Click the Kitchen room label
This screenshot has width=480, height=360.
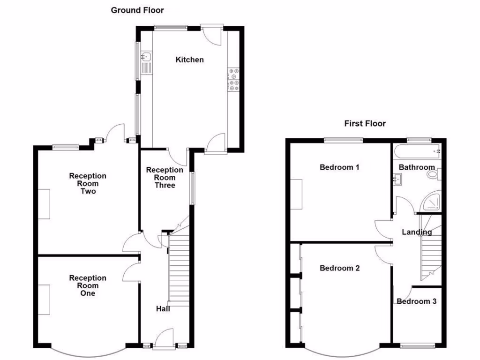coord(189,60)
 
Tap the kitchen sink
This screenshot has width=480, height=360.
coord(146,57)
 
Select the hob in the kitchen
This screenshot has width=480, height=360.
coord(233,79)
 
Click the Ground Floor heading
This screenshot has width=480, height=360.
coord(137,10)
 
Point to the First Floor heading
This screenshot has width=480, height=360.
coord(365,124)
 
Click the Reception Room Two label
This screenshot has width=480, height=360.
coord(88,183)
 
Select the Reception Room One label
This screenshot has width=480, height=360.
coord(88,285)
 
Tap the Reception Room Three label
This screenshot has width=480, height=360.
coord(165,178)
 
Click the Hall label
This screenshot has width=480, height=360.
coord(163,309)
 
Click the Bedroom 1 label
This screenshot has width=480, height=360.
coord(339,167)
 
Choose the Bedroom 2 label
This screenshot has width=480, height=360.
coord(339,268)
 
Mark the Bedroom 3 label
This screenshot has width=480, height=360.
coord(416,301)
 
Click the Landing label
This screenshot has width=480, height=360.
coord(417,232)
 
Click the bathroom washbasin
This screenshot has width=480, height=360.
coord(397,178)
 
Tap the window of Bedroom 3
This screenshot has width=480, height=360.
coord(417,346)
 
